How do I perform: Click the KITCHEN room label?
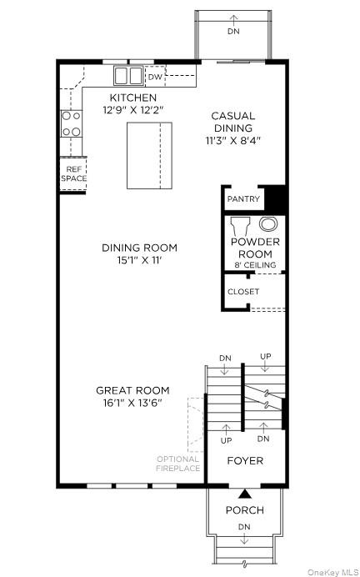129,98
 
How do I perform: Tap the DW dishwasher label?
155,77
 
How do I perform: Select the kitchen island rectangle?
149,155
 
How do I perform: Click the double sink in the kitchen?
128,76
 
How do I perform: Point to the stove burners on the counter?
72,124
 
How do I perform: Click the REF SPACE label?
72,174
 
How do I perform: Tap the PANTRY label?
243,200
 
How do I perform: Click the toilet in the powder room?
241,226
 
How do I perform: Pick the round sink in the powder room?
269,223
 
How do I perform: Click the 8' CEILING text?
255,265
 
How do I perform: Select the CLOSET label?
243,292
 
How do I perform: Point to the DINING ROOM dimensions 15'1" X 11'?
139,261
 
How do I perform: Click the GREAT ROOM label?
132,389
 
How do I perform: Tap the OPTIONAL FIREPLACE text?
178,464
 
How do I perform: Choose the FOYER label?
245,460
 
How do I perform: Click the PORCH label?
245,509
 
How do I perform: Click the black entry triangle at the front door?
245,494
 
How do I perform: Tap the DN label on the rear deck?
232,31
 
